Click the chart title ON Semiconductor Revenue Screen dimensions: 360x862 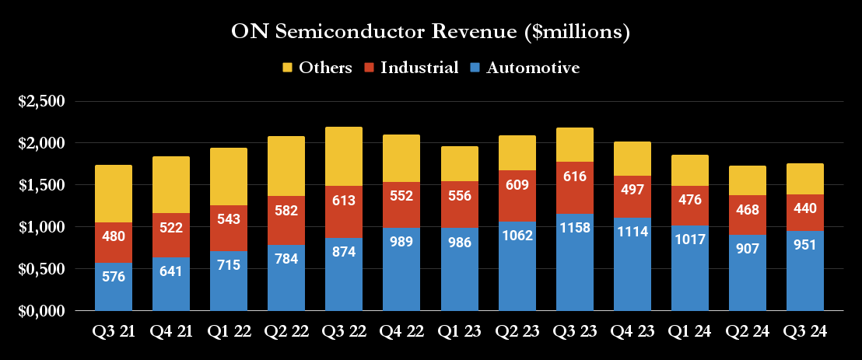[x=430, y=33]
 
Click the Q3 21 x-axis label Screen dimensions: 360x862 [x=113, y=331]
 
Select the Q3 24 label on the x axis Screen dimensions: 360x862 [x=804, y=331]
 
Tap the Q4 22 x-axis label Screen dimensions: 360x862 [x=401, y=331]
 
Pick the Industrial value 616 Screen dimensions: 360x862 [x=573, y=177]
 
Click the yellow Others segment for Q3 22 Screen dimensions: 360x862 [x=343, y=156]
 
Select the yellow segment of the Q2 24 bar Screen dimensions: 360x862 [x=747, y=180]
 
